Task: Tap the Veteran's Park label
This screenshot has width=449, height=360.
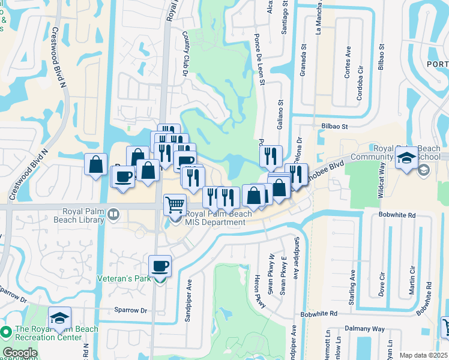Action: coord(124,279)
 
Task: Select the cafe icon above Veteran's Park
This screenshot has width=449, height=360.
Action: coord(160,266)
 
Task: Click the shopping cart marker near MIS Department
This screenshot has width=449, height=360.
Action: coord(175,204)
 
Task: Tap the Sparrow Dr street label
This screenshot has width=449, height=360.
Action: coord(131,311)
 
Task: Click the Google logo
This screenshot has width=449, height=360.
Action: coord(20,353)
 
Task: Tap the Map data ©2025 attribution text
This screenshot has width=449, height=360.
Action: coord(423,355)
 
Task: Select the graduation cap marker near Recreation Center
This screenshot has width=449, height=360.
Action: coord(60,318)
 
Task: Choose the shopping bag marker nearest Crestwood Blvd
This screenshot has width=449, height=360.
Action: coord(96,164)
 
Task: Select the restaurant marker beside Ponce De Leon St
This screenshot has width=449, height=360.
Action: coord(271,157)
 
